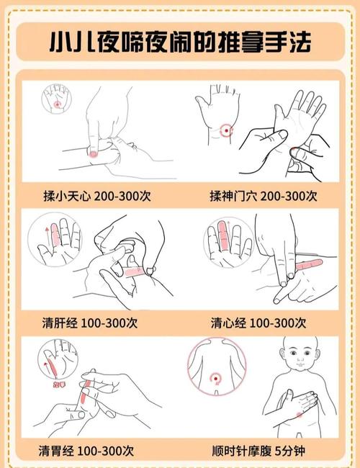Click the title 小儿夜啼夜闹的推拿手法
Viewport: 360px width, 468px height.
tap(180, 41)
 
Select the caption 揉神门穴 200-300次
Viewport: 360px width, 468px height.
tap(262, 195)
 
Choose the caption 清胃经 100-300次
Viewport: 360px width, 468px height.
tap(87, 451)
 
